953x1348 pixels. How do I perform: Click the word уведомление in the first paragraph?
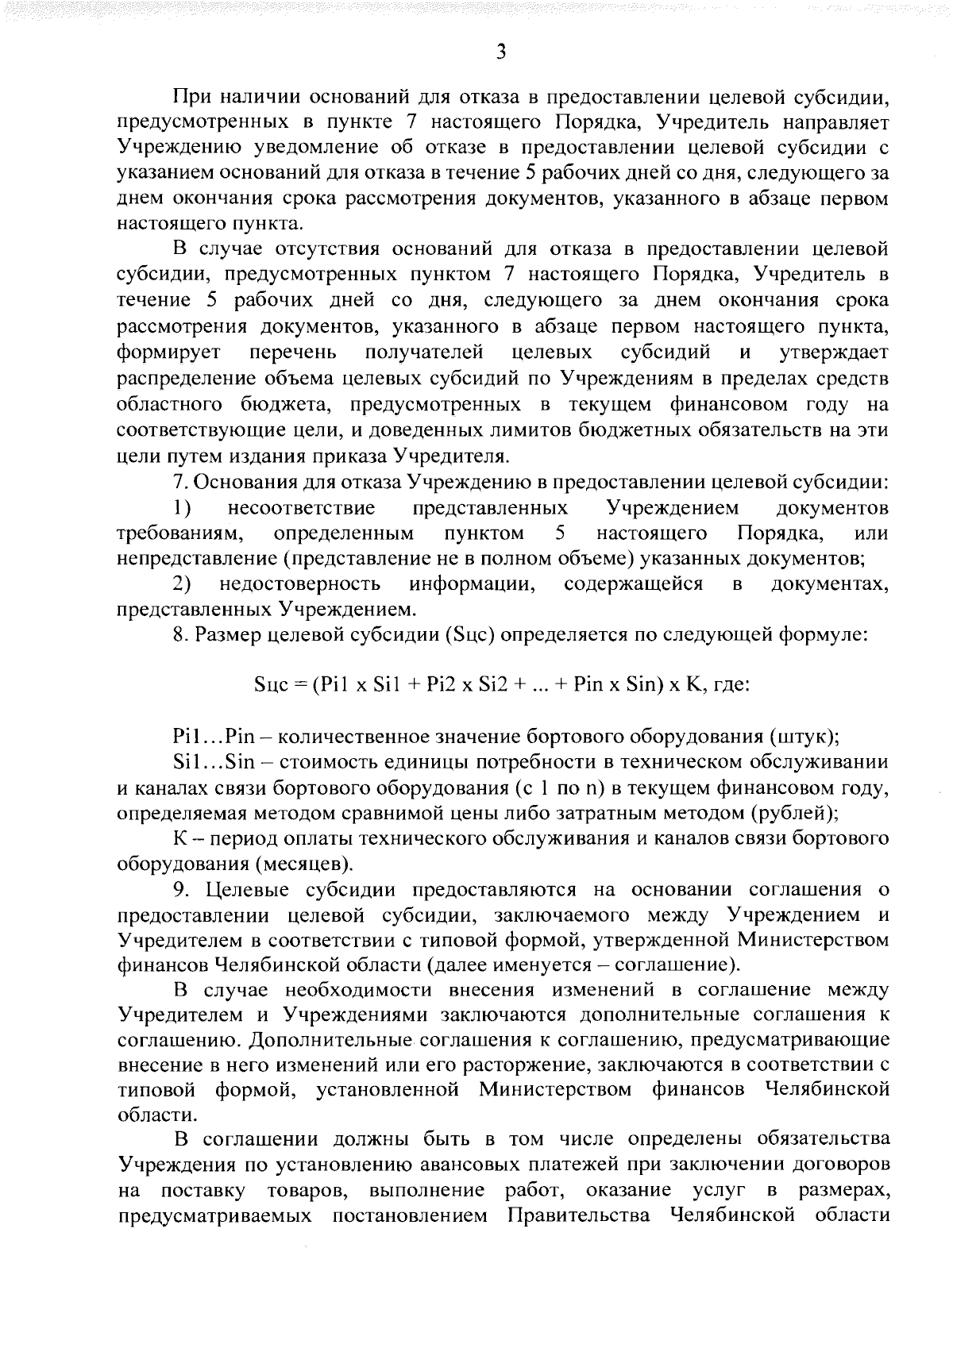[x=311, y=148]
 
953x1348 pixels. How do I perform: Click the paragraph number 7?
[x=179, y=482]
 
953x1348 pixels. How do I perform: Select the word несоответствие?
[x=302, y=507]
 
